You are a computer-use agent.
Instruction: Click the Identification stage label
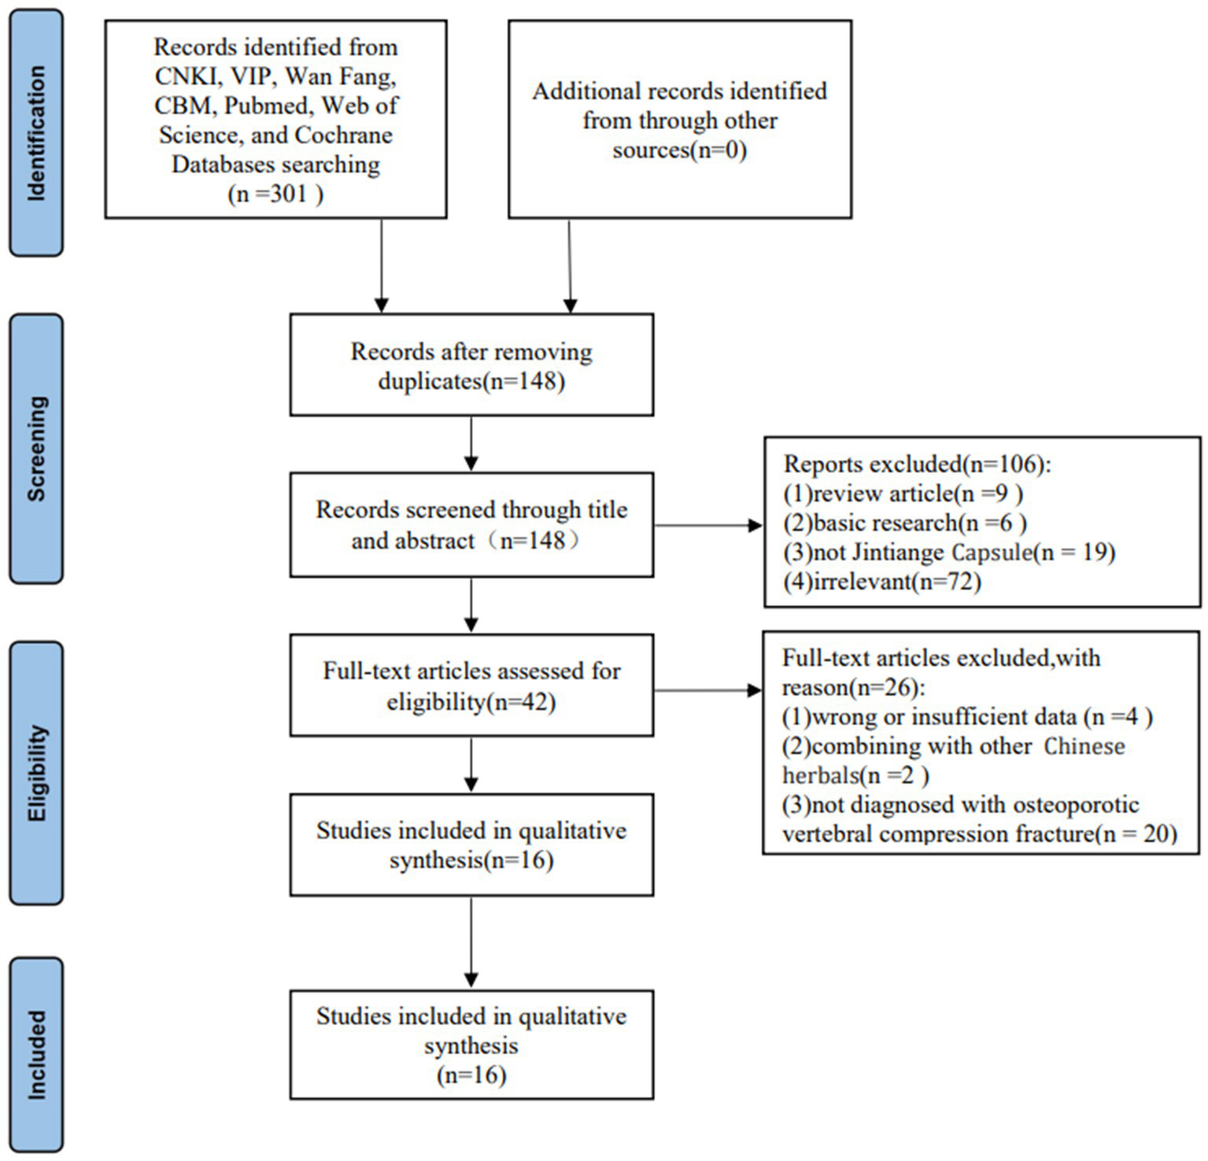coord(36,133)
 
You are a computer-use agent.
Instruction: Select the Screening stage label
coord(36,449)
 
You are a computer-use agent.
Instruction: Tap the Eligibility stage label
coord(36,773)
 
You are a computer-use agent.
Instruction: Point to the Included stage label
coord(36,1055)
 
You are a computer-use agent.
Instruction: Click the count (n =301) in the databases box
coord(275,194)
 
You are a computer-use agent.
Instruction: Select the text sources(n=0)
coord(679,150)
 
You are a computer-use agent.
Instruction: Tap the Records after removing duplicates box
coord(471,365)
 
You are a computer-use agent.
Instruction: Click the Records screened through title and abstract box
coord(471,525)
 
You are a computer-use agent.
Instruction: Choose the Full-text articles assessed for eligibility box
coord(471,686)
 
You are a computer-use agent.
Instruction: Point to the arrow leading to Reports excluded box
coord(708,525)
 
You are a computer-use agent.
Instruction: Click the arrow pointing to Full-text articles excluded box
coord(708,690)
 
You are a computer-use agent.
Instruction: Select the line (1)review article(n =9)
coord(903,494)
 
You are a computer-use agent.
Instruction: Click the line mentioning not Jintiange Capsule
coord(949,552)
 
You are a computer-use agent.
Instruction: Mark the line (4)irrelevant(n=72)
coord(882,582)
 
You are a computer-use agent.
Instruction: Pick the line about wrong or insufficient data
coord(967,716)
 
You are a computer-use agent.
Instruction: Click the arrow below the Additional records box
coord(570,266)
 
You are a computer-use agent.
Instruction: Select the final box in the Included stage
coord(471,1045)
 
